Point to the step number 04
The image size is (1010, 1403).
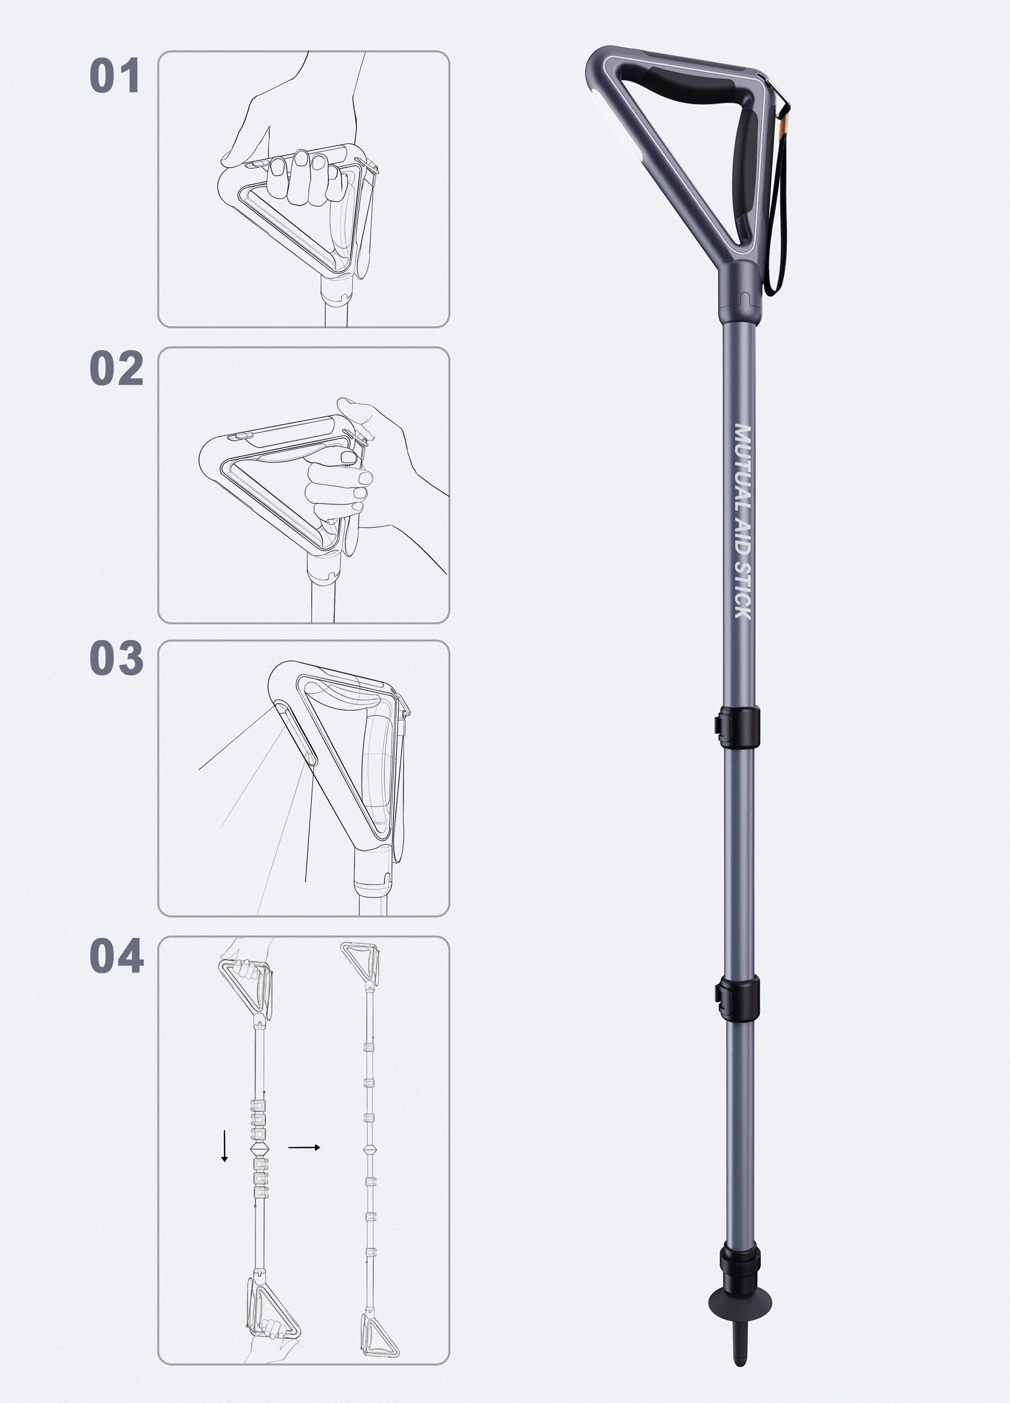[117, 956]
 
